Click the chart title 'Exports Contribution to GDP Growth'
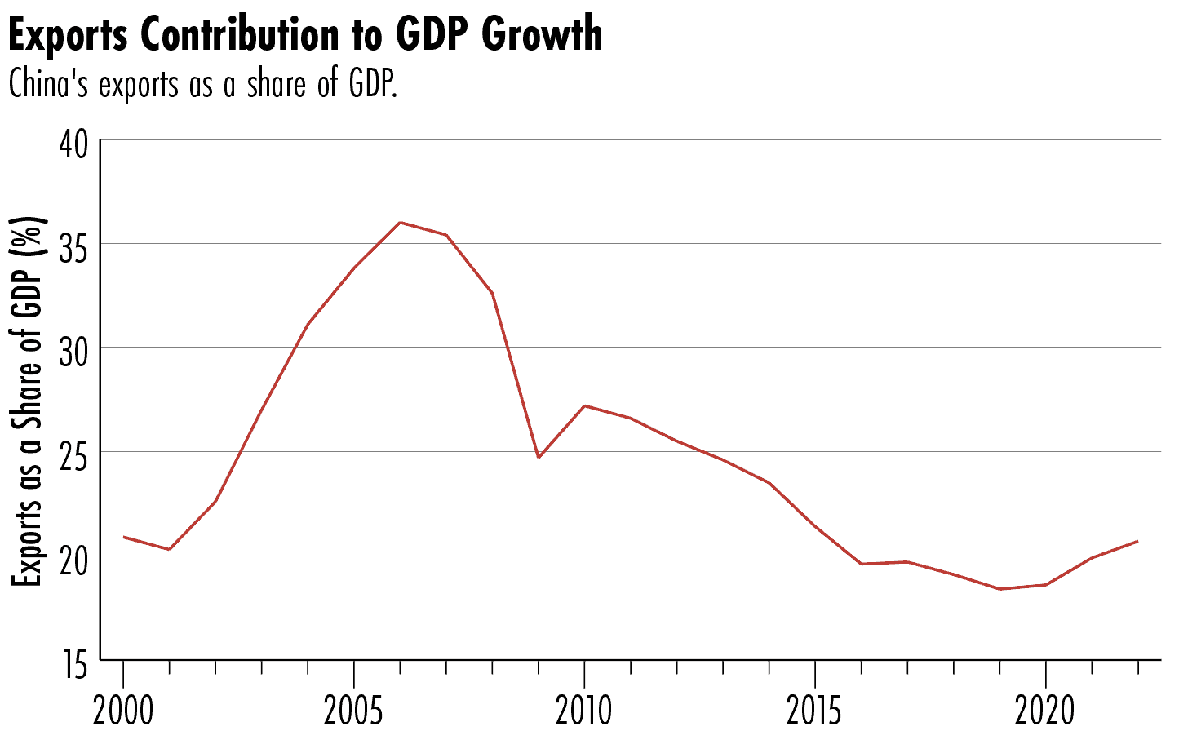click(x=305, y=34)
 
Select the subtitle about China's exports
click(x=202, y=84)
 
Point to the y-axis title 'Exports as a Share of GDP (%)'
click(x=27, y=401)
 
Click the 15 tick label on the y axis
click(x=73, y=665)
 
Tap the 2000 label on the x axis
click(x=123, y=711)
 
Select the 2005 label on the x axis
click(x=353, y=711)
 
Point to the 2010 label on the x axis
click(x=584, y=711)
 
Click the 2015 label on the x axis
click(x=814, y=711)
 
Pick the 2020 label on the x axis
click(x=1045, y=711)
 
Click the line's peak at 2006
click(x=400, y=222)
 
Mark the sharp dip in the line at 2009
click(x=539, y=457)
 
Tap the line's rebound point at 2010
click(x=584, y=405)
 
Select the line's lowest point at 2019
click(x=999, y=589)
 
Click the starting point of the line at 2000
click(x=123, y=537)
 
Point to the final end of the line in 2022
click(x=1137, y=541)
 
